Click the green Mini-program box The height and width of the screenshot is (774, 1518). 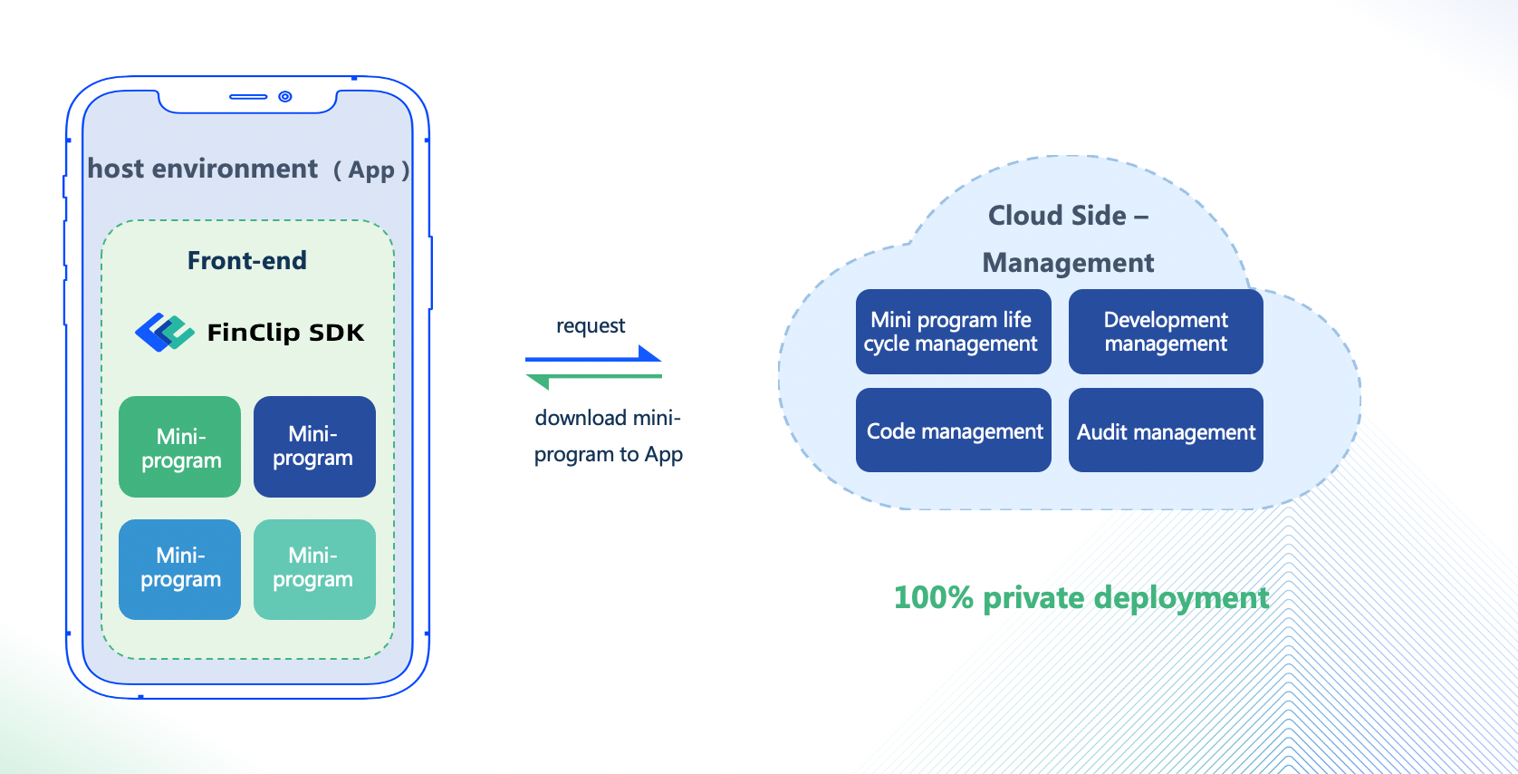tap(179, 447)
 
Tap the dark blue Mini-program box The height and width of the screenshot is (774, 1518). tap(314, 447)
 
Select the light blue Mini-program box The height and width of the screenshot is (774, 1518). tap(179, 569)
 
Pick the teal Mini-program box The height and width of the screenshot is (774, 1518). tap(314, 569)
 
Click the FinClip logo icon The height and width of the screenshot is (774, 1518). tap(164, 333)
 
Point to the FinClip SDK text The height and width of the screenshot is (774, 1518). tap(285, 333)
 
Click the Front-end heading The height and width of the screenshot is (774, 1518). tap(246, 261)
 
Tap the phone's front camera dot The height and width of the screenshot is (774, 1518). tap(285, 96)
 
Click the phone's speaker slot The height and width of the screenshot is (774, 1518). tap(248, 96)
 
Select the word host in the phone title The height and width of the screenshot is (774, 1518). tap(116, 169)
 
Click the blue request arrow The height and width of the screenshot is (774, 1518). tap(593, 356)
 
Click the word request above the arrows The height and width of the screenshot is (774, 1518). tap(591, 325)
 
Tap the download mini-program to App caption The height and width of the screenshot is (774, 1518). tap(608, 436)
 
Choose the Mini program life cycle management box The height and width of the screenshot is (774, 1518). tap(953, 332)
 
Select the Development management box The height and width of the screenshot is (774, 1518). tap(1166, 332)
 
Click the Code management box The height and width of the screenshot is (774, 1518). tap(953, 431)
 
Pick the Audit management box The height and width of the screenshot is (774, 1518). tap(1166, 431)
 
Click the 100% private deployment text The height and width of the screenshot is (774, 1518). tap(1081, 598)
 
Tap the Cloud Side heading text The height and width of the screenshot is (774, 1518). tap(1068, 216)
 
